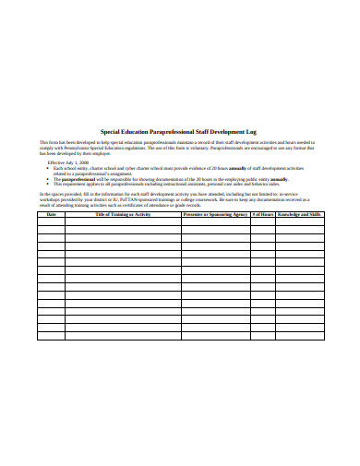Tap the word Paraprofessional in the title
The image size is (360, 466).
(x=176, y=132)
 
